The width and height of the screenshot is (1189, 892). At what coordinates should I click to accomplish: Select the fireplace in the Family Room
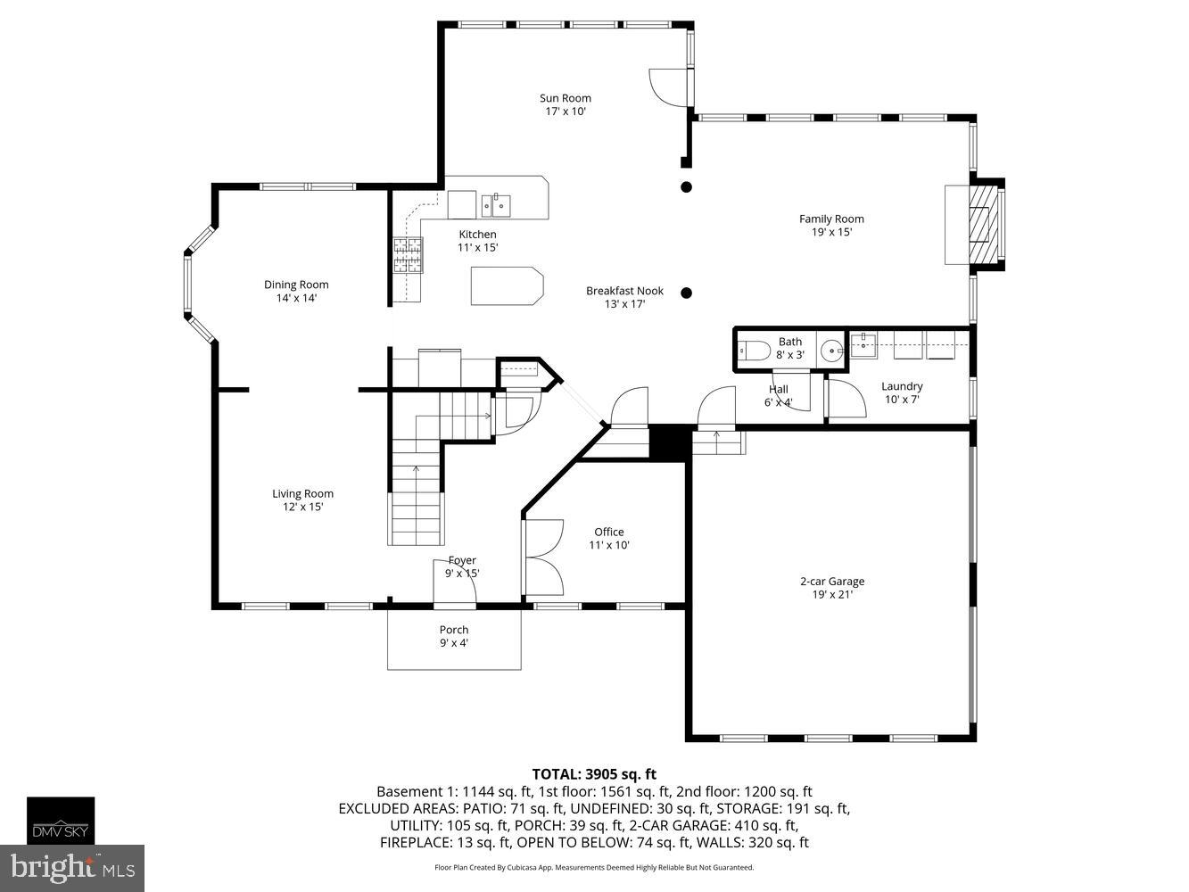(x=985, y=225)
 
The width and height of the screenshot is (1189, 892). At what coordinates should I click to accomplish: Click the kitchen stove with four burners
(x=408, y=255)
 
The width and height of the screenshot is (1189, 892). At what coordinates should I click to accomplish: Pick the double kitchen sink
(x=497, y=206)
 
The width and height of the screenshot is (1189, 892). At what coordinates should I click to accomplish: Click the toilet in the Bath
(x=755, y=351)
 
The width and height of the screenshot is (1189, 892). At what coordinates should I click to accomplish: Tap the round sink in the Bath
(x=831, y=351)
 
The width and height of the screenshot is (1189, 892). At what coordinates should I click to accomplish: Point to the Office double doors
(x=544, y=557)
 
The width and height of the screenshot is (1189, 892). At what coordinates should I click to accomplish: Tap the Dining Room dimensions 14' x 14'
(x=296, y=298)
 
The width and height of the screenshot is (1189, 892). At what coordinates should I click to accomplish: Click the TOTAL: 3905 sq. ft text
(x=594, y=773)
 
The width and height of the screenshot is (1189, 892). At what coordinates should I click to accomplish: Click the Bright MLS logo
(x=72, y=867)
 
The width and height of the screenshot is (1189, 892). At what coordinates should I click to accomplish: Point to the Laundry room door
(x=846, y=398)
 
